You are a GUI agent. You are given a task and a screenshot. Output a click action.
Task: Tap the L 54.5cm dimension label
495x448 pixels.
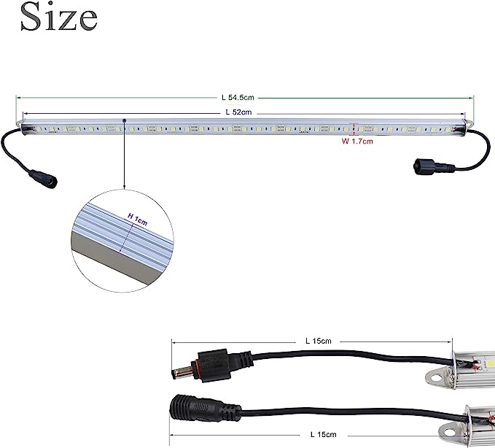238,96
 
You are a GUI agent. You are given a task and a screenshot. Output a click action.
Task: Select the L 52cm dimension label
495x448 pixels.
238,112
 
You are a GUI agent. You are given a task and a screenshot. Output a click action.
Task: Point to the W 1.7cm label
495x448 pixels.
357,142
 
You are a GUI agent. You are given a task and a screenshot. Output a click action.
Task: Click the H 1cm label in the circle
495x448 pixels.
137,216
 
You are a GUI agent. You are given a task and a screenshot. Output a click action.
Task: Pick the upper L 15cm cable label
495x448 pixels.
318,341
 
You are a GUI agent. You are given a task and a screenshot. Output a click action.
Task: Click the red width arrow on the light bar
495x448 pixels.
354,128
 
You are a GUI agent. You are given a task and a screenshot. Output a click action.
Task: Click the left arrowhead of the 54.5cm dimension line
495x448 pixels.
18,96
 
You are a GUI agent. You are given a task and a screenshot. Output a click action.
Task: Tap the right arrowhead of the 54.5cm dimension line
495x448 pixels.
472,96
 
